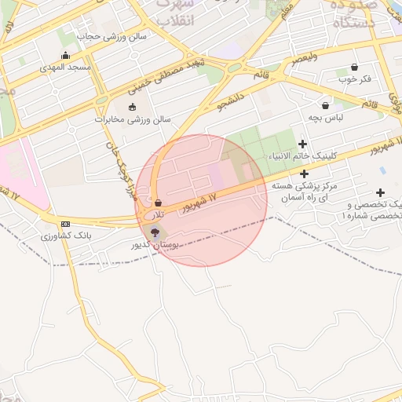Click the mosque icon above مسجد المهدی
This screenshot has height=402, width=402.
(x=65, y=55)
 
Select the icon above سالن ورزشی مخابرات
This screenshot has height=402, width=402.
(x=131, y=107)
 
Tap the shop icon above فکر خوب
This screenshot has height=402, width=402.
(x=354, y=67)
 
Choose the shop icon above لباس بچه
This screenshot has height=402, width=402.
(x=325, y=105)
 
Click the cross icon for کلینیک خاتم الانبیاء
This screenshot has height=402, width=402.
(x=302, y=144)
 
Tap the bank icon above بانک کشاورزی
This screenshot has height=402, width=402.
(x=64, y=224)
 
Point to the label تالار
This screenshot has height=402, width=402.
(x=159, y=214)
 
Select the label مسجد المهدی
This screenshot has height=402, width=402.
(x=66, y=68)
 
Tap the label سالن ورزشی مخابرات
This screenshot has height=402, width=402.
(x=133, y=119)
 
